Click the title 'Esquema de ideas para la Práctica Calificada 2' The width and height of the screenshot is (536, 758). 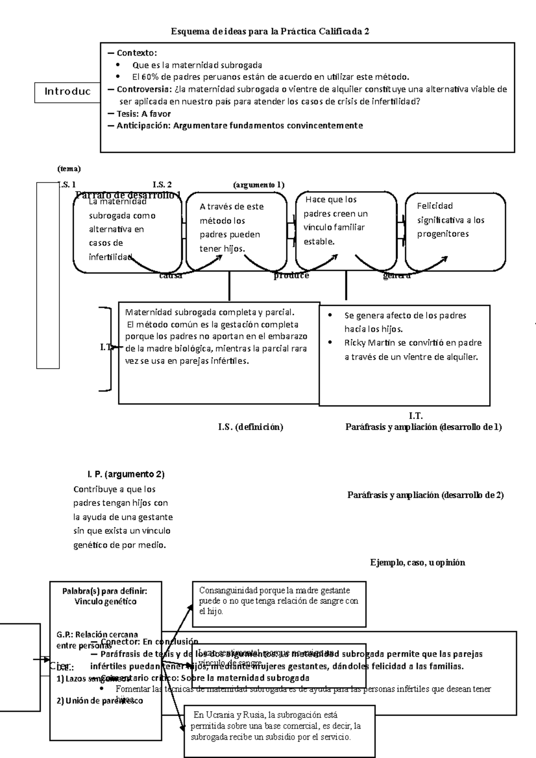click(x=270, y=32)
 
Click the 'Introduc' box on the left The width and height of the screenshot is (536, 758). click(x=67, y=92)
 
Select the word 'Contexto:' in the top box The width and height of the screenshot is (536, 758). click(x=137, y=53)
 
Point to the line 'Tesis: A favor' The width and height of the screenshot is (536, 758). click(x=143, y=113)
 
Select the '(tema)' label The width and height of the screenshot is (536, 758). click(x=69, y=169)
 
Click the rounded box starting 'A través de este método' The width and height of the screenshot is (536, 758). click(x=236, y=228)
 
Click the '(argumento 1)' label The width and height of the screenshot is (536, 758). click(x=259, y=184)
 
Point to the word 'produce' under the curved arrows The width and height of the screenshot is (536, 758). click(x=291, y=275)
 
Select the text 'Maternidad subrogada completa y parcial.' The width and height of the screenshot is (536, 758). click(x=210, y=312)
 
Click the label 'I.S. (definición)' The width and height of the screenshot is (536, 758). click(x=250, y=427)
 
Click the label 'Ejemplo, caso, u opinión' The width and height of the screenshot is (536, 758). click(x=417, y=562)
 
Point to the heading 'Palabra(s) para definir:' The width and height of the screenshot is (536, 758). click(x=105, y=591)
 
